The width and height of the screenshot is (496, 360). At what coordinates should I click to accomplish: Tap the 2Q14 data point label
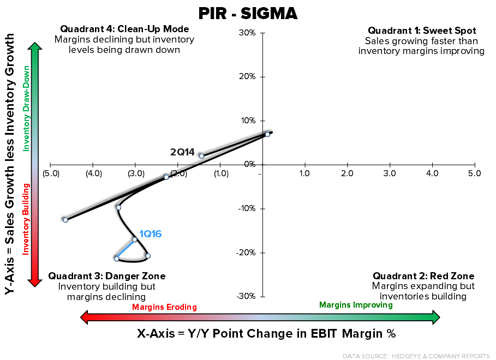(x=182, y=152)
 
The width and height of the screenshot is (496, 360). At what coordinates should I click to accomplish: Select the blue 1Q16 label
(x=150, y=233)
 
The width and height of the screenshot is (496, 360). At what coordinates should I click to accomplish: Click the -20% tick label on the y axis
(x=246, y=253)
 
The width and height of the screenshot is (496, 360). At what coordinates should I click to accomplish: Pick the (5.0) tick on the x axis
(x=50, y=173)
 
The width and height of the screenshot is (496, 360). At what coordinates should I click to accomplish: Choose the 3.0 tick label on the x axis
(x=390, y=173)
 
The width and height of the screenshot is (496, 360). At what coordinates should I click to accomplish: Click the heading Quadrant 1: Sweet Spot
(x=421, y=31)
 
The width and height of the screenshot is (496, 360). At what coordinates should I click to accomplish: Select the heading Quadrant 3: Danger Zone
(x=107, y=276)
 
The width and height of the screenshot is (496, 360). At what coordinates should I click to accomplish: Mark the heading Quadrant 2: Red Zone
(x=423, y=276)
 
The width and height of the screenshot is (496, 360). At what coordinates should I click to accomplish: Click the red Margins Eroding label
(x=164, y=307)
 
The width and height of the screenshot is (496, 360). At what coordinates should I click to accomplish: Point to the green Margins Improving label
(x=356, y=305)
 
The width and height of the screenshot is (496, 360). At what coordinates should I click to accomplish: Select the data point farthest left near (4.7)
(x=65, y=220)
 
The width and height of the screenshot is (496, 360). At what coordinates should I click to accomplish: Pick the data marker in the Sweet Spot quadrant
(x=267, y=134)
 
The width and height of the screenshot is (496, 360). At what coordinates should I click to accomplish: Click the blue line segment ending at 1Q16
(x=126, y=249)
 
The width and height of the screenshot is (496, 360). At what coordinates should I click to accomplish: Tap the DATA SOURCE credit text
(x=416, y=356)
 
